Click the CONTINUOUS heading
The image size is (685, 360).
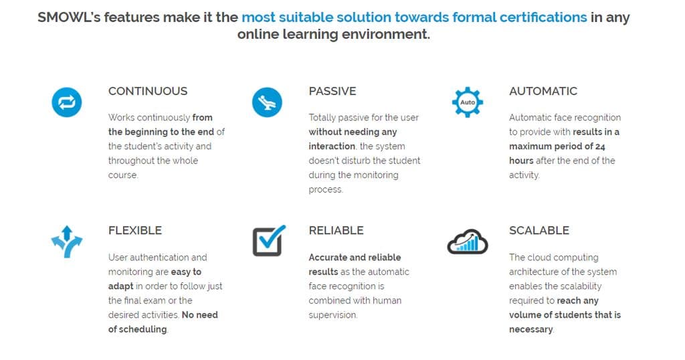click(148, 91)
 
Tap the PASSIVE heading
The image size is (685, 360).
click(332, 91)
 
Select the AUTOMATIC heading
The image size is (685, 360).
click(543, 91)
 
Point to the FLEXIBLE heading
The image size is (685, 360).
click(135, 230)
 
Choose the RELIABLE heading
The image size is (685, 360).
click(336, 230)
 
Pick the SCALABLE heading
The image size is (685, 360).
click(539, 230)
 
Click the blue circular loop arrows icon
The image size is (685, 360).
click(67, 102)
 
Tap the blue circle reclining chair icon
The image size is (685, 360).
click(267, 102)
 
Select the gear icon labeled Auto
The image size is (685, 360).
click(468, 102)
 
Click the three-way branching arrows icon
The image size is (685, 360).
click(66, 242)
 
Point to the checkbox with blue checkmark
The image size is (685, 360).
click(268, 241)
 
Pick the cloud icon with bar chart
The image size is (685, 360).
click(468, 242)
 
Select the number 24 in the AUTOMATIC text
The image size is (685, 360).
click(600, 147)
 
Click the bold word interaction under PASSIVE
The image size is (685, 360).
click(332, 147)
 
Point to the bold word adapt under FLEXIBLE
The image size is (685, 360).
click(120, 286)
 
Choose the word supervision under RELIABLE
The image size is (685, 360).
click(332, 315)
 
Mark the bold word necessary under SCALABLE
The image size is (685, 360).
click(530, 329)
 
